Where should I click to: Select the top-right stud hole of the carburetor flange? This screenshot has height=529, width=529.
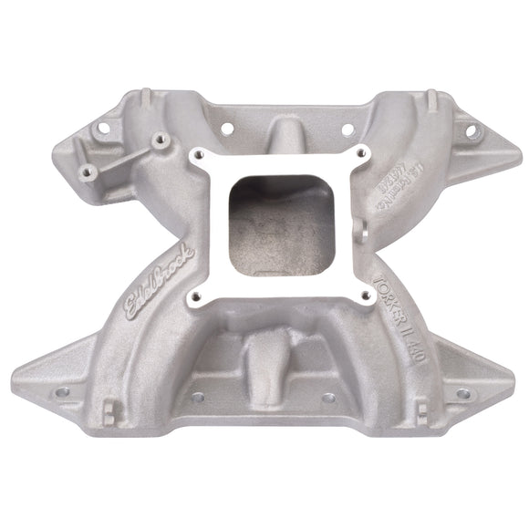pos(362,151)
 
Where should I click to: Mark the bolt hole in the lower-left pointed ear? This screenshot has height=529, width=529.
pos(63,393)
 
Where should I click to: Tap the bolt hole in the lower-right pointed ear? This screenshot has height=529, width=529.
pos(462,394)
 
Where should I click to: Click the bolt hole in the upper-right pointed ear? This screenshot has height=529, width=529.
pos(471,131)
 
